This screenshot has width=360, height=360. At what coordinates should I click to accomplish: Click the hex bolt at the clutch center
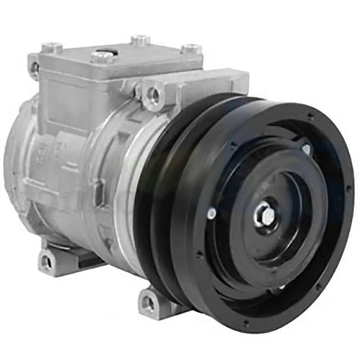[x=264, y=213]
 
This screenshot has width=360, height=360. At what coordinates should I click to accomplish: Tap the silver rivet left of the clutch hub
[x=211, y=213]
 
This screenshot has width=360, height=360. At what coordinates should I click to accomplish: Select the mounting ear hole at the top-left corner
[x=34, y=67]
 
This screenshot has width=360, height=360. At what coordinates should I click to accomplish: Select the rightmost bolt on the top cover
[x=189, y=49]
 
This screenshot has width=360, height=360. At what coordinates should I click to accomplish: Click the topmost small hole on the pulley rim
[x=309, y=115]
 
